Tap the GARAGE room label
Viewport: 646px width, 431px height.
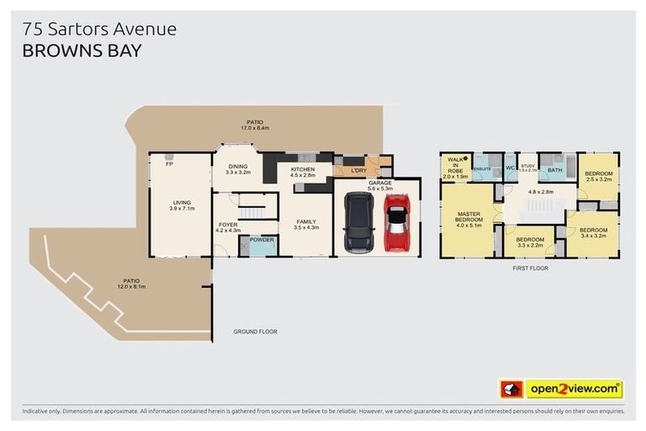380,182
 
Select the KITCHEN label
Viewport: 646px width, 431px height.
302,169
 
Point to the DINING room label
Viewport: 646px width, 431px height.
237,167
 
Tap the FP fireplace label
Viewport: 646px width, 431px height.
168,163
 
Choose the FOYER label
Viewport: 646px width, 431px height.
228,225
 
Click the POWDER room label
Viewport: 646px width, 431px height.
262,239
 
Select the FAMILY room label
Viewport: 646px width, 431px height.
306,222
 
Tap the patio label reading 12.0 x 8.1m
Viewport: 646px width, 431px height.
131,283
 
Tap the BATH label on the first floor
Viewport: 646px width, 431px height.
554,170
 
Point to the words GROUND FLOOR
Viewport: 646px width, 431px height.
255,332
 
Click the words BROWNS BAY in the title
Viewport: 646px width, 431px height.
82,51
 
